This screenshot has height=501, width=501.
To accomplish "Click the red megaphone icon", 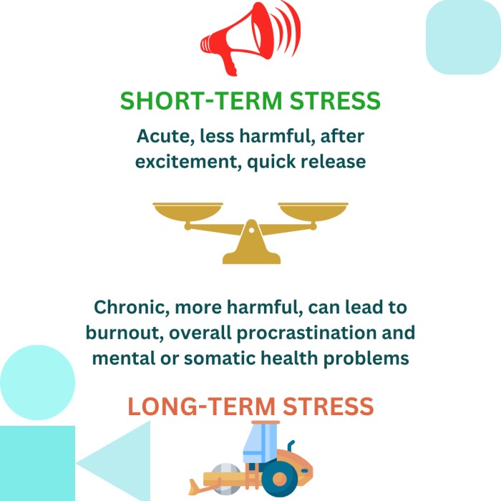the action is click(x=246, y=39).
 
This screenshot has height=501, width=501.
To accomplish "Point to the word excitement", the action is click(x=188, y=162).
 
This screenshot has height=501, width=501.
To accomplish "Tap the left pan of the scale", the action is click(x=188, y=212).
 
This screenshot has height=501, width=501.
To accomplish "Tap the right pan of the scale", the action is click(x=313, y=212).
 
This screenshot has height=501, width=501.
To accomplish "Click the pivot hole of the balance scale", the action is click(x=251, y=230).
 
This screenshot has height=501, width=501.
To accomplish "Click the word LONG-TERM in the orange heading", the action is click(x=201, y=407).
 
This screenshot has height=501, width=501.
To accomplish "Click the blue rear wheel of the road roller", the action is click(x=280, y=478).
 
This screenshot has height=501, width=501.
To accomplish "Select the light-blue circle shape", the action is click(x=37, y=382).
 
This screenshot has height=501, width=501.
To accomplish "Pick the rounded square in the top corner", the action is click(x=463, y=37).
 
